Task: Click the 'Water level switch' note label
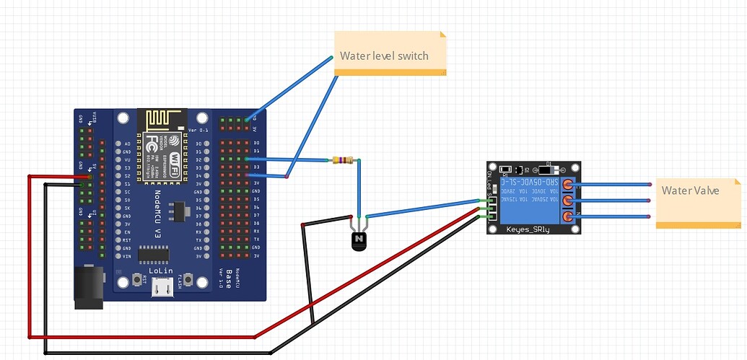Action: click(x=384, y=56)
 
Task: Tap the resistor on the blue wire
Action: click(x=343, y=160)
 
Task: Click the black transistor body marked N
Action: click(x=359, y=240)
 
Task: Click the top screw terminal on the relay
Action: click(x=569, y=184)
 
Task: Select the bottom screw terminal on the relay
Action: click(x=569, y=216)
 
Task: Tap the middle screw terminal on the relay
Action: click(x=569, y=201)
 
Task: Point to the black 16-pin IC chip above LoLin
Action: click(x=153, y=254)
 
